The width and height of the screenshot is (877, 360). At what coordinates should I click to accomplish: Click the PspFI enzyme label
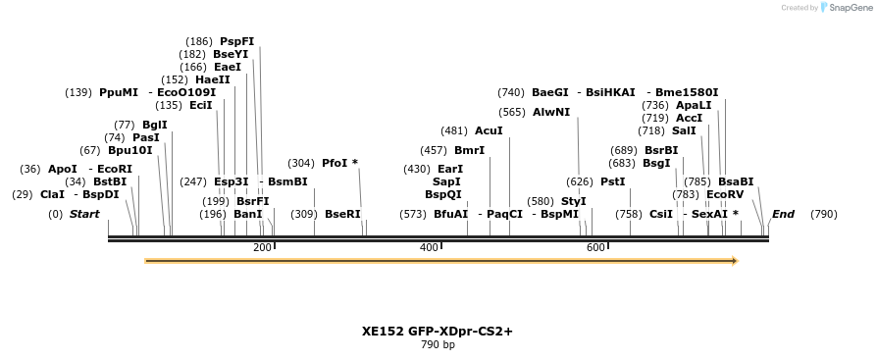(x=236, y=41)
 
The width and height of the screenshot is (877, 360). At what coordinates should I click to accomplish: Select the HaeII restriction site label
(x=212, y=79)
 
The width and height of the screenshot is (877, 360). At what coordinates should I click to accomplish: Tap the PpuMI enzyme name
(x=119, y=92)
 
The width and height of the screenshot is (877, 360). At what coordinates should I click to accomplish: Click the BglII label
(x=155, y=125)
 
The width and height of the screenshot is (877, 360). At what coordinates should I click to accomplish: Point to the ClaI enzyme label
(x=53, y=194)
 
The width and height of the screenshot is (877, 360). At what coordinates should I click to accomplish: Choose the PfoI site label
(x=335, y=163)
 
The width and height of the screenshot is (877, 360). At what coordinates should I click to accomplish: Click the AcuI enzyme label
(x=489, y=130)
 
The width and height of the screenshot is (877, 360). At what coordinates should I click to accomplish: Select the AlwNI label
(x=551, y=112)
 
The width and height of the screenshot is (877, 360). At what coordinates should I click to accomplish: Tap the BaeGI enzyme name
(x=550, y=92)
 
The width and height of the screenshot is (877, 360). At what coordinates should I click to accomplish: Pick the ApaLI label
(x=693, y=105)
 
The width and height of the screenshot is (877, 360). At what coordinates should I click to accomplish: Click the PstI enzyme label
(x=612, y=181)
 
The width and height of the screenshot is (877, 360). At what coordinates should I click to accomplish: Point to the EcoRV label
(x=725, y=194)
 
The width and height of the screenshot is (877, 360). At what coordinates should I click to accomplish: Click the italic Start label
(x=84, y=214)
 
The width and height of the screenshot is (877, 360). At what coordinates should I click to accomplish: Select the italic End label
(x=783, y=214)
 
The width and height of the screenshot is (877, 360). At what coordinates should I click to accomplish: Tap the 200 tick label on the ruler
(x=262, y=248)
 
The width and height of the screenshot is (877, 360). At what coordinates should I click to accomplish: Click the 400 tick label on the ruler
(x=429, y=248)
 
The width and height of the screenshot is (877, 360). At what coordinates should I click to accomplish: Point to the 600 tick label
(x=595, y=248)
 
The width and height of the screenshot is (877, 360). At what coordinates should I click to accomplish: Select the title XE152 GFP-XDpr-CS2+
(x=438, y=332)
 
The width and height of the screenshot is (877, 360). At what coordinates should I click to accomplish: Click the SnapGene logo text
(x=851, y=8)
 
